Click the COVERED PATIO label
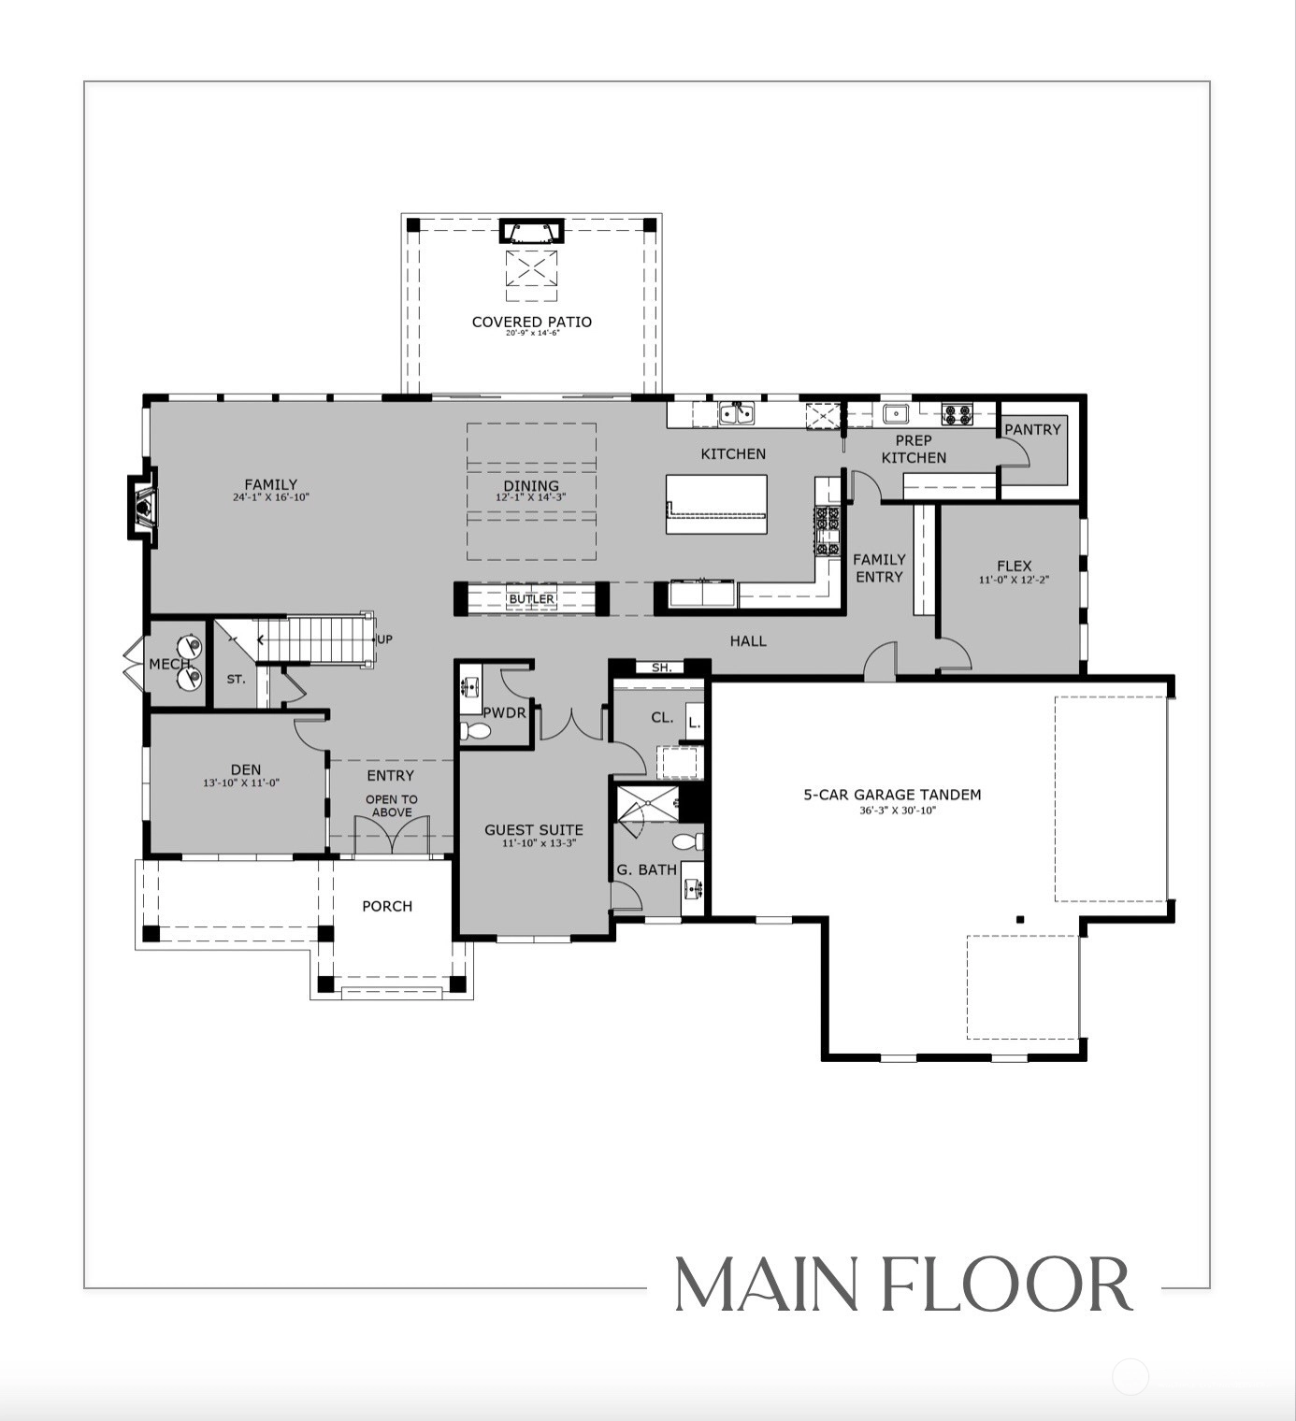point(531,322)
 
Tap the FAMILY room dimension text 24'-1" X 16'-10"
point(270,497)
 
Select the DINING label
point(531,485)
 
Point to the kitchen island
point(716,504)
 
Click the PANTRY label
point(1032,429)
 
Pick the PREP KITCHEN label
point(914,449)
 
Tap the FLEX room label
point(1014,566)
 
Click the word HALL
point(748,641)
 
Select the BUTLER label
point(531,599)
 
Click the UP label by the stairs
point(384,639)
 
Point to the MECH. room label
point(169,664)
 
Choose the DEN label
point(246,769)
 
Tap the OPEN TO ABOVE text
point(391,806)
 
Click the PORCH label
point(387,906)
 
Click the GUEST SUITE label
point(534,829)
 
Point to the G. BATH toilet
point(687,841)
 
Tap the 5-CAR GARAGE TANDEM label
point(892,795)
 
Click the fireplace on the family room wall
point(142,507)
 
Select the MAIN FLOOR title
point(902,1285)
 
